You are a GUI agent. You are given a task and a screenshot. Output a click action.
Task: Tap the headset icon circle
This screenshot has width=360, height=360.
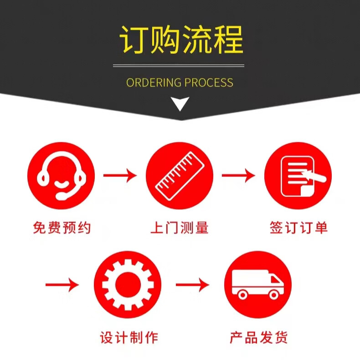point(61,175)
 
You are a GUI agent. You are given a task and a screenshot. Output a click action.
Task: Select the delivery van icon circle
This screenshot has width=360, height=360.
point(257,285)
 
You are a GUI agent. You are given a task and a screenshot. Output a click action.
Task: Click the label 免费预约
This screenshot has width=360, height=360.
point(62,227)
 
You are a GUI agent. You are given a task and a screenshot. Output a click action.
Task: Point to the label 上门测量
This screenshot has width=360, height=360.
point(180,227)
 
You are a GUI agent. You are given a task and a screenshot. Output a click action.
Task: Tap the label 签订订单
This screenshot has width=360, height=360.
point(298,227)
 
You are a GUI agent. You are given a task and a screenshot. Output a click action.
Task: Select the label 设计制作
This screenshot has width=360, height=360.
point(129,338)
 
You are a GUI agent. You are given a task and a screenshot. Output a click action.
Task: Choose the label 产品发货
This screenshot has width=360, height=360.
point(259,338)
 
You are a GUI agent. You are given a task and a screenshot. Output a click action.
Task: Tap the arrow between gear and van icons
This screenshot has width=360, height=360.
point(192,285)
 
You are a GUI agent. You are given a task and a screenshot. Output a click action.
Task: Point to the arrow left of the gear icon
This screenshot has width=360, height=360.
point(62,285)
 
